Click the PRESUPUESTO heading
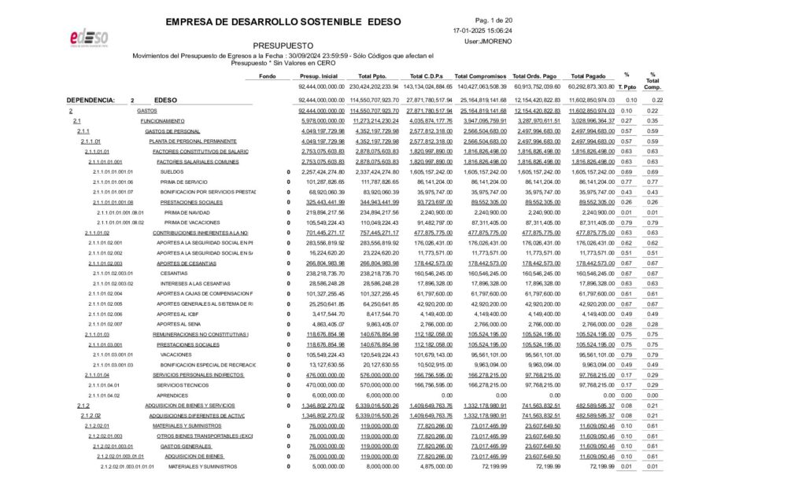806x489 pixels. [283, 46]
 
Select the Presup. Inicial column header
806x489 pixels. [319, 75]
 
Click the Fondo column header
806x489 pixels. [268, 75]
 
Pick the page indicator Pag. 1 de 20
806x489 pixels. [494, 20]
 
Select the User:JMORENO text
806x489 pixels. [488, 41]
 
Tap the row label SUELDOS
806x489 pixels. [172, 171]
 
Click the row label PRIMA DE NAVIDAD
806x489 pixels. [187, 212]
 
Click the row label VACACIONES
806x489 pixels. [176, 355]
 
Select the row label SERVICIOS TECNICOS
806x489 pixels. [183, 385]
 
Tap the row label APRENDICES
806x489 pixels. [172, 395]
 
